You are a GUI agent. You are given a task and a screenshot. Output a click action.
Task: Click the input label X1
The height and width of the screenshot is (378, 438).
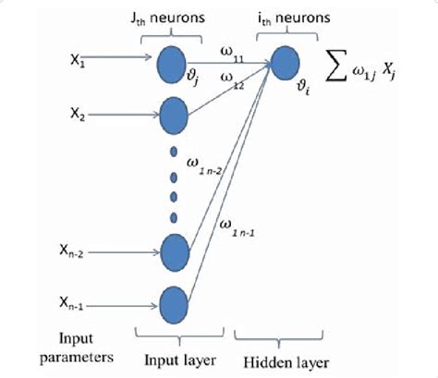(x=78, y=57)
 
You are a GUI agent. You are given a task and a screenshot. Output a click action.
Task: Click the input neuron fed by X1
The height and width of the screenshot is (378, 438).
(x=174, y=62)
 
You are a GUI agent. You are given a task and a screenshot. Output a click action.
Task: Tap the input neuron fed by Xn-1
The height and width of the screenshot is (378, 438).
(x=174, y=302)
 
